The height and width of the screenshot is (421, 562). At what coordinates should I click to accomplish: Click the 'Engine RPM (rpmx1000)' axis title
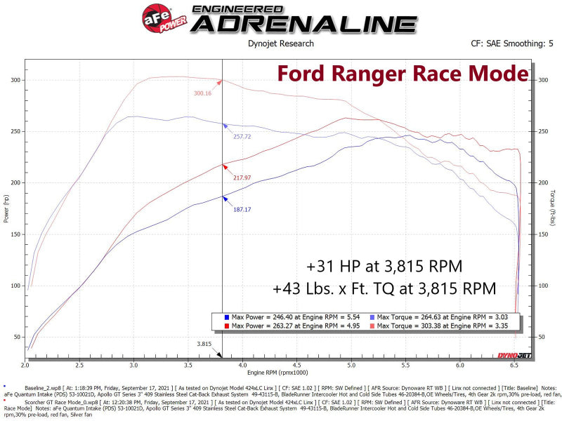(272, 373)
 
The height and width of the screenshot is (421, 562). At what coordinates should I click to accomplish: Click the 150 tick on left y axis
(15, 234)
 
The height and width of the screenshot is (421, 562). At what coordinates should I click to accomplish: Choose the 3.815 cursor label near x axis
(204, 345)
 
